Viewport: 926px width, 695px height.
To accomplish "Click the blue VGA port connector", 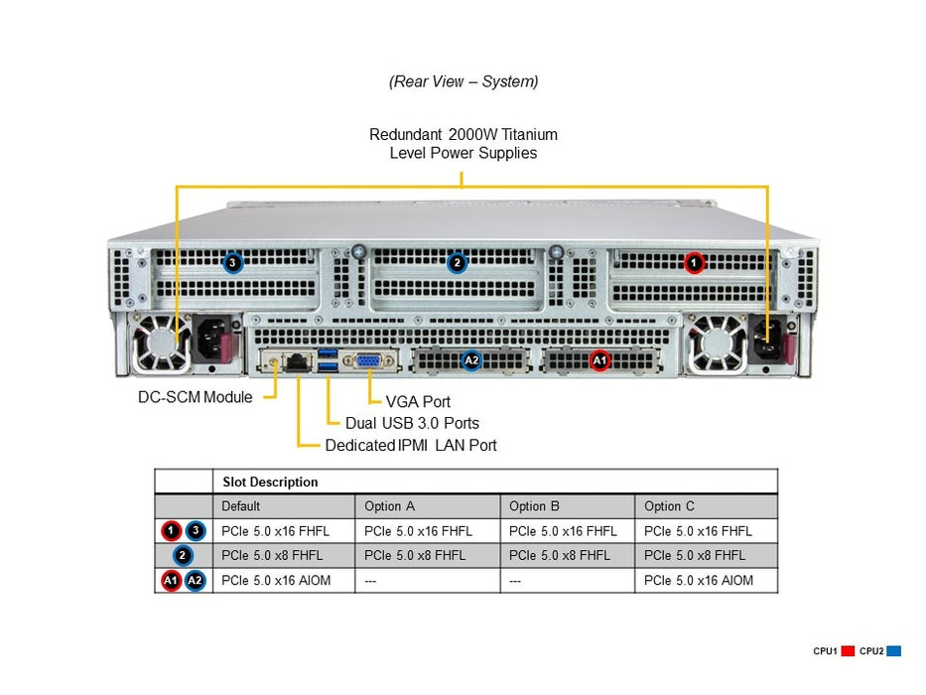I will (366, 361).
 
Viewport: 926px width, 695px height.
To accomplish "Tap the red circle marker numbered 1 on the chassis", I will (694, 263).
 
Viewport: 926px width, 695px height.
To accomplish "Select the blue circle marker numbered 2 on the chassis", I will (457, 263).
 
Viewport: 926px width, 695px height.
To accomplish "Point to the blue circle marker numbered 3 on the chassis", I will (232, 263).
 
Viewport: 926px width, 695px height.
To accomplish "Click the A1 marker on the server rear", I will (598, 361).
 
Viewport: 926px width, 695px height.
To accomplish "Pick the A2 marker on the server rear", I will (472, 361).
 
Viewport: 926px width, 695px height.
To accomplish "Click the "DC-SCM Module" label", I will (195, 397).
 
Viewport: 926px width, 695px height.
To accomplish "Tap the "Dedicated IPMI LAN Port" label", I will (411, 446).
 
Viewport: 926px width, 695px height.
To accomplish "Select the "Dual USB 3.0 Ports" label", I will (412, 423).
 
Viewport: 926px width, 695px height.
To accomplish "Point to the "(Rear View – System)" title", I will (463, 81).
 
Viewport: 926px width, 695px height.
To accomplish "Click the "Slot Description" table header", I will (270, 483).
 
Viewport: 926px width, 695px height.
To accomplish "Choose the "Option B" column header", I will (534, 506).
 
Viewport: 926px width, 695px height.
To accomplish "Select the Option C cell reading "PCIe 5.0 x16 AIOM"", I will (698, 581).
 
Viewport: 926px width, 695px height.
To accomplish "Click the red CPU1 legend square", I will (848, 651).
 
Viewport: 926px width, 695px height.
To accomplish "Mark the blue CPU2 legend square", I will (893, 651).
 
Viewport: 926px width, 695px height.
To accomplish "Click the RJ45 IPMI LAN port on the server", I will (296, 362).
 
